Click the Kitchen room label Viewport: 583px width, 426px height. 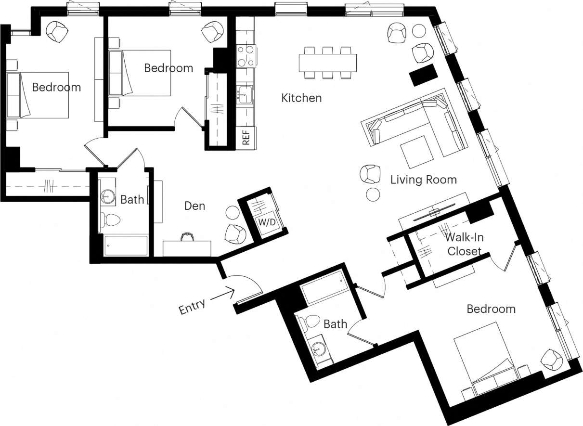click(x=301, y=98)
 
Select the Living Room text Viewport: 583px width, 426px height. click(x=423, y=180)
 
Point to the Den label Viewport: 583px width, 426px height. click(x=194, y=206)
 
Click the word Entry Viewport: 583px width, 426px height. click(x=192, y=306)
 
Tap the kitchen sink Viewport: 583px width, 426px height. click(x=245, y=94)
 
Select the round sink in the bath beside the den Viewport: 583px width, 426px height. click(x=107, y=196)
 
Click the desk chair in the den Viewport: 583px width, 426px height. click(x=187, y=237)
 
